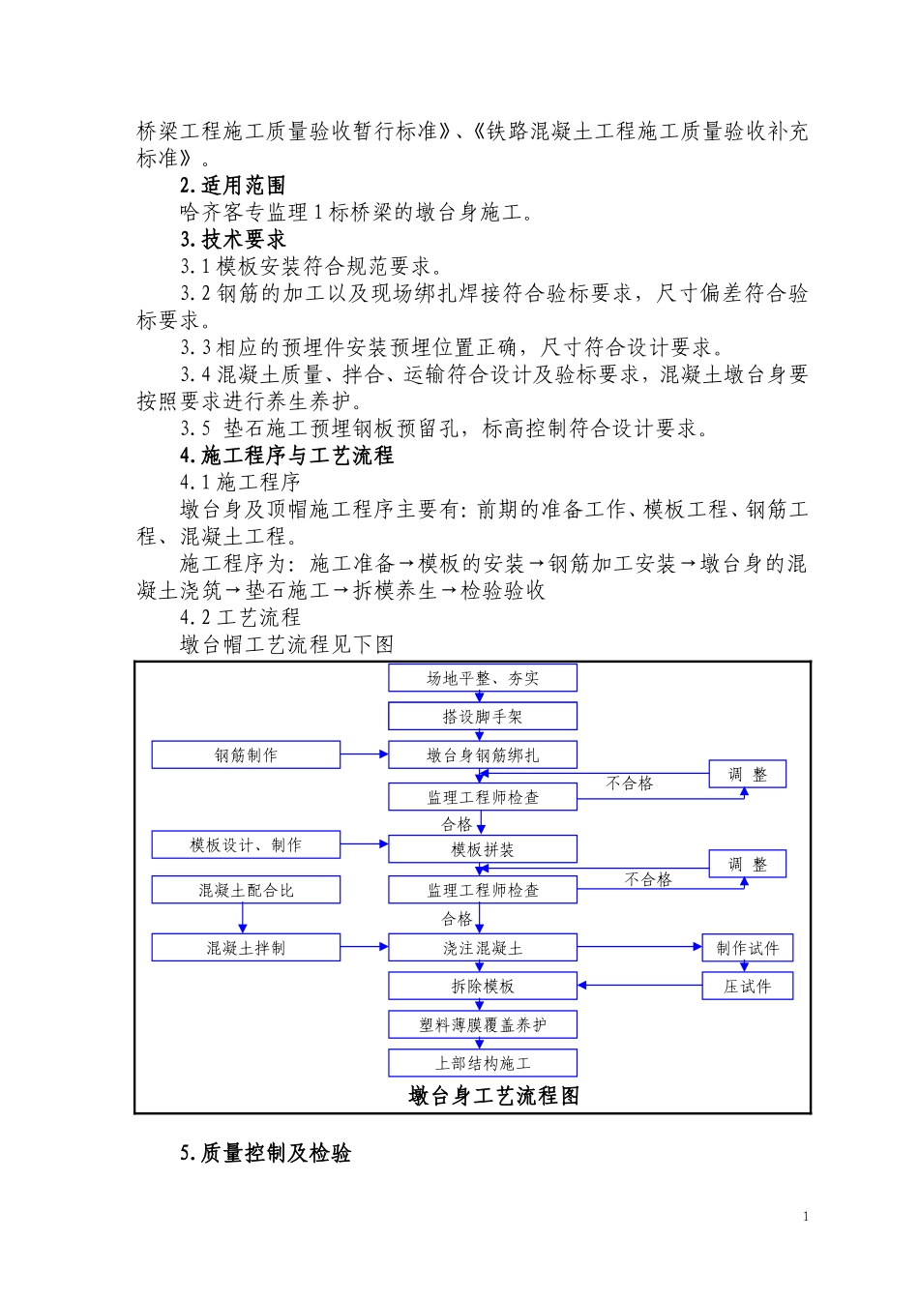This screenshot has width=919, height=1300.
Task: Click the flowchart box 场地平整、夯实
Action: (x=482, y=678)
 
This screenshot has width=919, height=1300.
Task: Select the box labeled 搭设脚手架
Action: (x=482, y=717)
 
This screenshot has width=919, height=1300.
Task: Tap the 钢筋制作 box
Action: (x=246, y=755)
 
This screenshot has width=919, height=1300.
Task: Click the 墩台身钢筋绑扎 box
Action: (x=482, y=755)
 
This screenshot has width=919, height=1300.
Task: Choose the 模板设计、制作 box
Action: (x=246, y=845)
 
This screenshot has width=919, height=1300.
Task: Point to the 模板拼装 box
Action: (x=482, y=849)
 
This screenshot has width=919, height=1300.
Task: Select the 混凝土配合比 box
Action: (x=246, y=890)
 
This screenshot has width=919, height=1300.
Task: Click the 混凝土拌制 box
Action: (x=246, y=948)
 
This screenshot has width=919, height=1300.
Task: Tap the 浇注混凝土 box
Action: (x=482, y=948)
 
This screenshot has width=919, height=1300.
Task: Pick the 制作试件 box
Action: (x=747, y=948)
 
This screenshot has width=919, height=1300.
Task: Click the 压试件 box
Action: (x=747, y=987)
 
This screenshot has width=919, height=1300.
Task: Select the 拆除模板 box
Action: (x=482, y=987)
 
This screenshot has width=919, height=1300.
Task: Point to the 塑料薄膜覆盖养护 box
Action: (x=482, y=1024)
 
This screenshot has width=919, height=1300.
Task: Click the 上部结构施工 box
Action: (x=482, y=1063)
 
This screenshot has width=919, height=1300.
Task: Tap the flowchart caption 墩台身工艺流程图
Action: (x=493, y=1096)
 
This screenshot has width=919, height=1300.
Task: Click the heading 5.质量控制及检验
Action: (x=265, y=1153)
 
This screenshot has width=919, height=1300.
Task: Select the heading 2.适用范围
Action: (x=232, y=186)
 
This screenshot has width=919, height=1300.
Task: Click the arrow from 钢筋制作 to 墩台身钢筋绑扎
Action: (x=364, y=754)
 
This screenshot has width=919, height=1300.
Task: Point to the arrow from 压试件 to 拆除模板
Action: (x=639, y=986)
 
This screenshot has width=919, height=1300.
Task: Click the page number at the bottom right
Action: (x=806, y=1217)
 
